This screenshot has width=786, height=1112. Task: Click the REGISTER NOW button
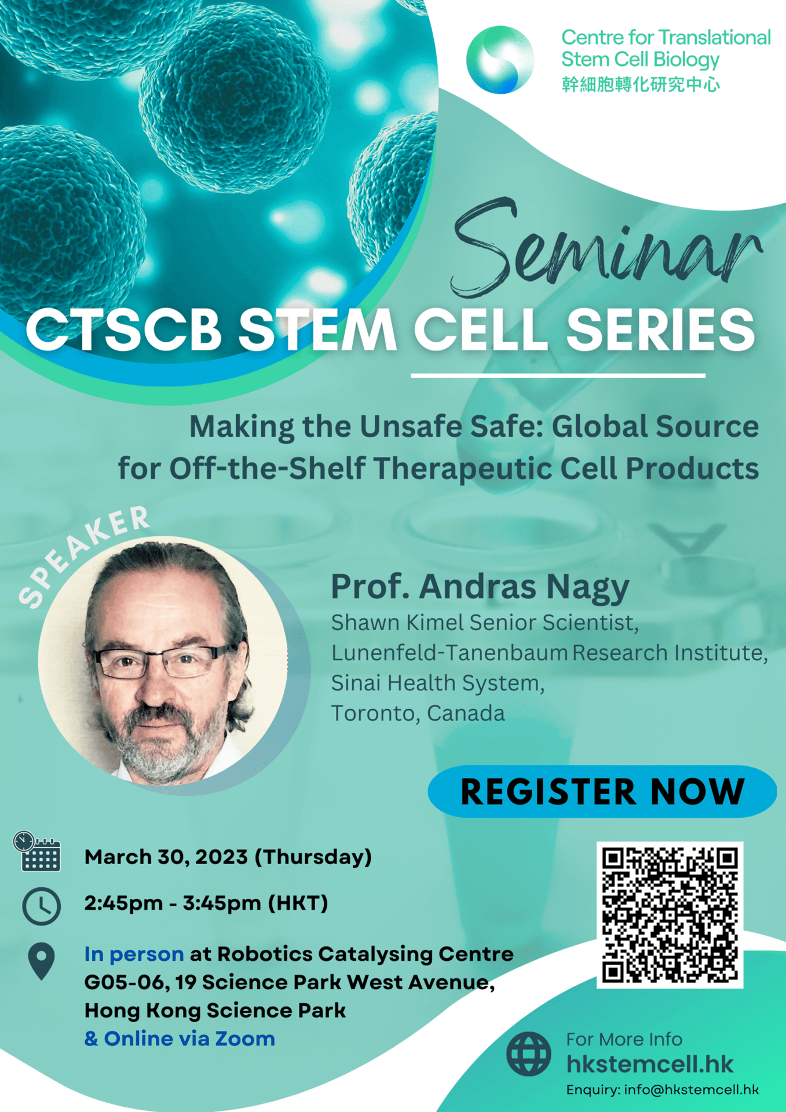(x=602, y=791)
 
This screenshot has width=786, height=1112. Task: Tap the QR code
(x=670, y=915)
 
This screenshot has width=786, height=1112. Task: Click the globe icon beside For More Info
(x=528, y=1054)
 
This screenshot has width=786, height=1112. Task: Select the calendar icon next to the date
(x=37, y=851)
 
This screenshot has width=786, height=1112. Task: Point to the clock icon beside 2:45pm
(x=41, y=906)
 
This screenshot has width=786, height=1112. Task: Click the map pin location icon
(x=41, y=961)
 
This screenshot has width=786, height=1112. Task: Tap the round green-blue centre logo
(x=500, y=60)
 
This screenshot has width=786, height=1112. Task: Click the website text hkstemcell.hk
(x=650, y=1064)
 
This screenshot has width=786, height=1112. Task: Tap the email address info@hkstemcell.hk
(x=691, y=1090)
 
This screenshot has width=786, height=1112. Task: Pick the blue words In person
(x=134, y=954)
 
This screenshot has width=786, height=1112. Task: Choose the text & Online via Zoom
(x=180, y=1038)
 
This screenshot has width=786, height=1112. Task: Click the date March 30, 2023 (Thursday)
(x=228, y=857)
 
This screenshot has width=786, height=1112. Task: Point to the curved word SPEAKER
(x=84, y=557)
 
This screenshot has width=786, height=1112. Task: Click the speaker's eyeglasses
(x=166, y=661)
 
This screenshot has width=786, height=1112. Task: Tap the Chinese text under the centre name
(x=641, y=85)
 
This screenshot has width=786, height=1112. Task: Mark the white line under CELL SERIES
(x=558, y=376)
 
